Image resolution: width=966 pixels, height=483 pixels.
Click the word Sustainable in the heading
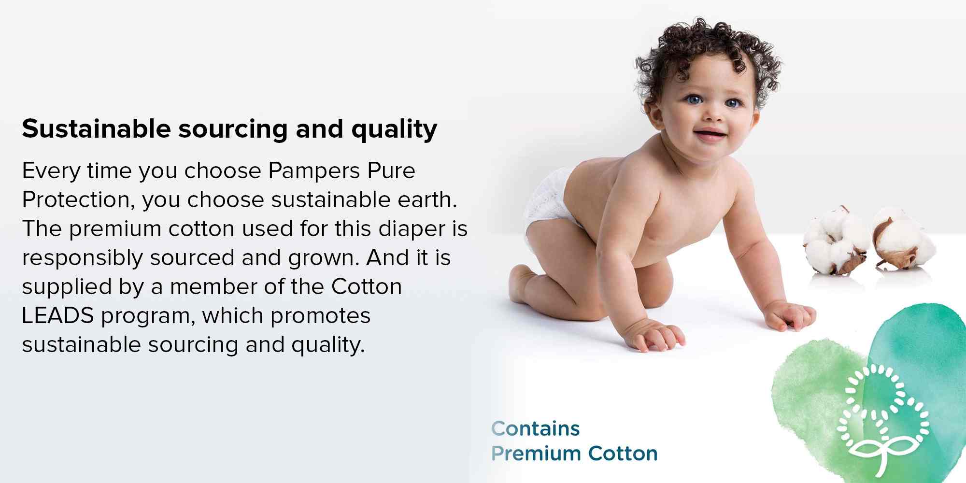[96, 129]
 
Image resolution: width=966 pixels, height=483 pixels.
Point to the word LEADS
[57, 316]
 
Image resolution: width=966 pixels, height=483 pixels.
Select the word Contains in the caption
[535, 428]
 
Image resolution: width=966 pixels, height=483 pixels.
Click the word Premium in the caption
[536, 454]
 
